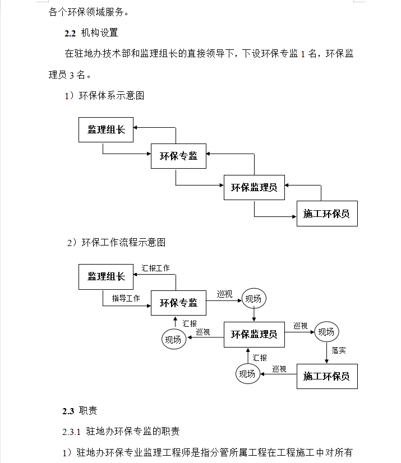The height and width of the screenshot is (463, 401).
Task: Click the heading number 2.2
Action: (70, 33)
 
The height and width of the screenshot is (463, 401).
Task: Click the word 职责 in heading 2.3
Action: (88, 411)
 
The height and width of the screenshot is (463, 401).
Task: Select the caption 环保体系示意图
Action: (112, 96)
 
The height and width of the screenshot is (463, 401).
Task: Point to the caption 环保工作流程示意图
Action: (123, 242)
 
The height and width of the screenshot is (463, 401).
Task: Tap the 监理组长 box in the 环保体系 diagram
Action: (106, 129)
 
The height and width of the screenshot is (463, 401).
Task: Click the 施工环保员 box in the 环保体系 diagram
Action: (327, 214)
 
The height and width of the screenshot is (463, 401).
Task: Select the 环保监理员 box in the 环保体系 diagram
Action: (254, 188)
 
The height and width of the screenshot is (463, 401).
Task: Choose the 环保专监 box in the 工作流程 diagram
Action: (178, 303)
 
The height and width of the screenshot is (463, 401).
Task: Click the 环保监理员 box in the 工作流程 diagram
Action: (254, 335)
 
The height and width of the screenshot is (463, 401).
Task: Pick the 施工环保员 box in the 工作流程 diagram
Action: (327, 376)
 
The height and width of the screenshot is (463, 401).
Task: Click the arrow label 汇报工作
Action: (155, 268)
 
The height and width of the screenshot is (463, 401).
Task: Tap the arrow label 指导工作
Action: (126, 298)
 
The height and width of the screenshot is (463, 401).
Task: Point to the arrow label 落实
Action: (339, 350)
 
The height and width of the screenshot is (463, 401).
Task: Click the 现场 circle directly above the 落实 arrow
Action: (326, 332)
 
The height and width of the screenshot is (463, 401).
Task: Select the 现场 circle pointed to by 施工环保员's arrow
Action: (247, 374)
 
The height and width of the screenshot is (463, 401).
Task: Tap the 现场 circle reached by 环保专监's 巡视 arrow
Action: (254, 299)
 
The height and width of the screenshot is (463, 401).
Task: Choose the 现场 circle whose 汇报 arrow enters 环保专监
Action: (174, 339)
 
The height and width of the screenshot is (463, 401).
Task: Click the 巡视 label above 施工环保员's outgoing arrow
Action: (279, 369)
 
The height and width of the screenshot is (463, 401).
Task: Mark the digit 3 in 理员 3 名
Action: (72, 75)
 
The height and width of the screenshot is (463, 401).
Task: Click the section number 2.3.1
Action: (71, 432)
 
